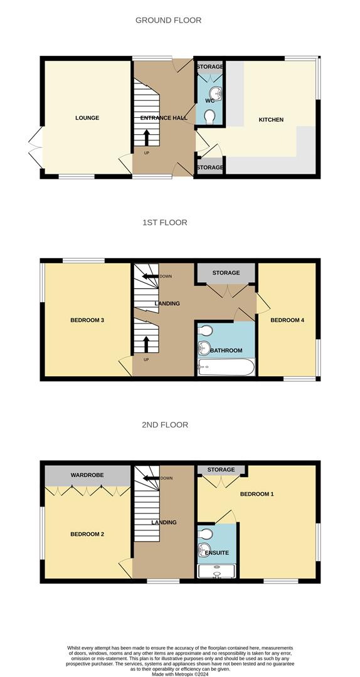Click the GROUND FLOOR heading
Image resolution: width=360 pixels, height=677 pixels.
point(168,20)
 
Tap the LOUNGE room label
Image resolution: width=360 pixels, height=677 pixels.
point(87,118)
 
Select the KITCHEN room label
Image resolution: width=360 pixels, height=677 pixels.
point(271,120)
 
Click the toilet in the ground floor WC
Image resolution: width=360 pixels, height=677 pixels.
point(210,116)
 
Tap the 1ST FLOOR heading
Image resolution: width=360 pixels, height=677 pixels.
point(164,223)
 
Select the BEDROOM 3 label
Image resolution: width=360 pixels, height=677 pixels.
point(87,320)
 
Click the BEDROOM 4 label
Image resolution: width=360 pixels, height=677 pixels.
point(287,320)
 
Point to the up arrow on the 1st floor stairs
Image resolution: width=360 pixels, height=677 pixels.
point(147,344)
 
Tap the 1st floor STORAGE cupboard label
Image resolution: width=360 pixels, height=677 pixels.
point(226,273)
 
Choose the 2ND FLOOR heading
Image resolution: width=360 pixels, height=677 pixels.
point(165,425)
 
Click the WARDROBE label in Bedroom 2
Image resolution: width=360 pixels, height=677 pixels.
point(87,475)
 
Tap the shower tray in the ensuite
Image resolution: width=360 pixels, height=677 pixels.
point(217,571)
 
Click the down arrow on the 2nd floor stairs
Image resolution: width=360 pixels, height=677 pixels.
point(150,478)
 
